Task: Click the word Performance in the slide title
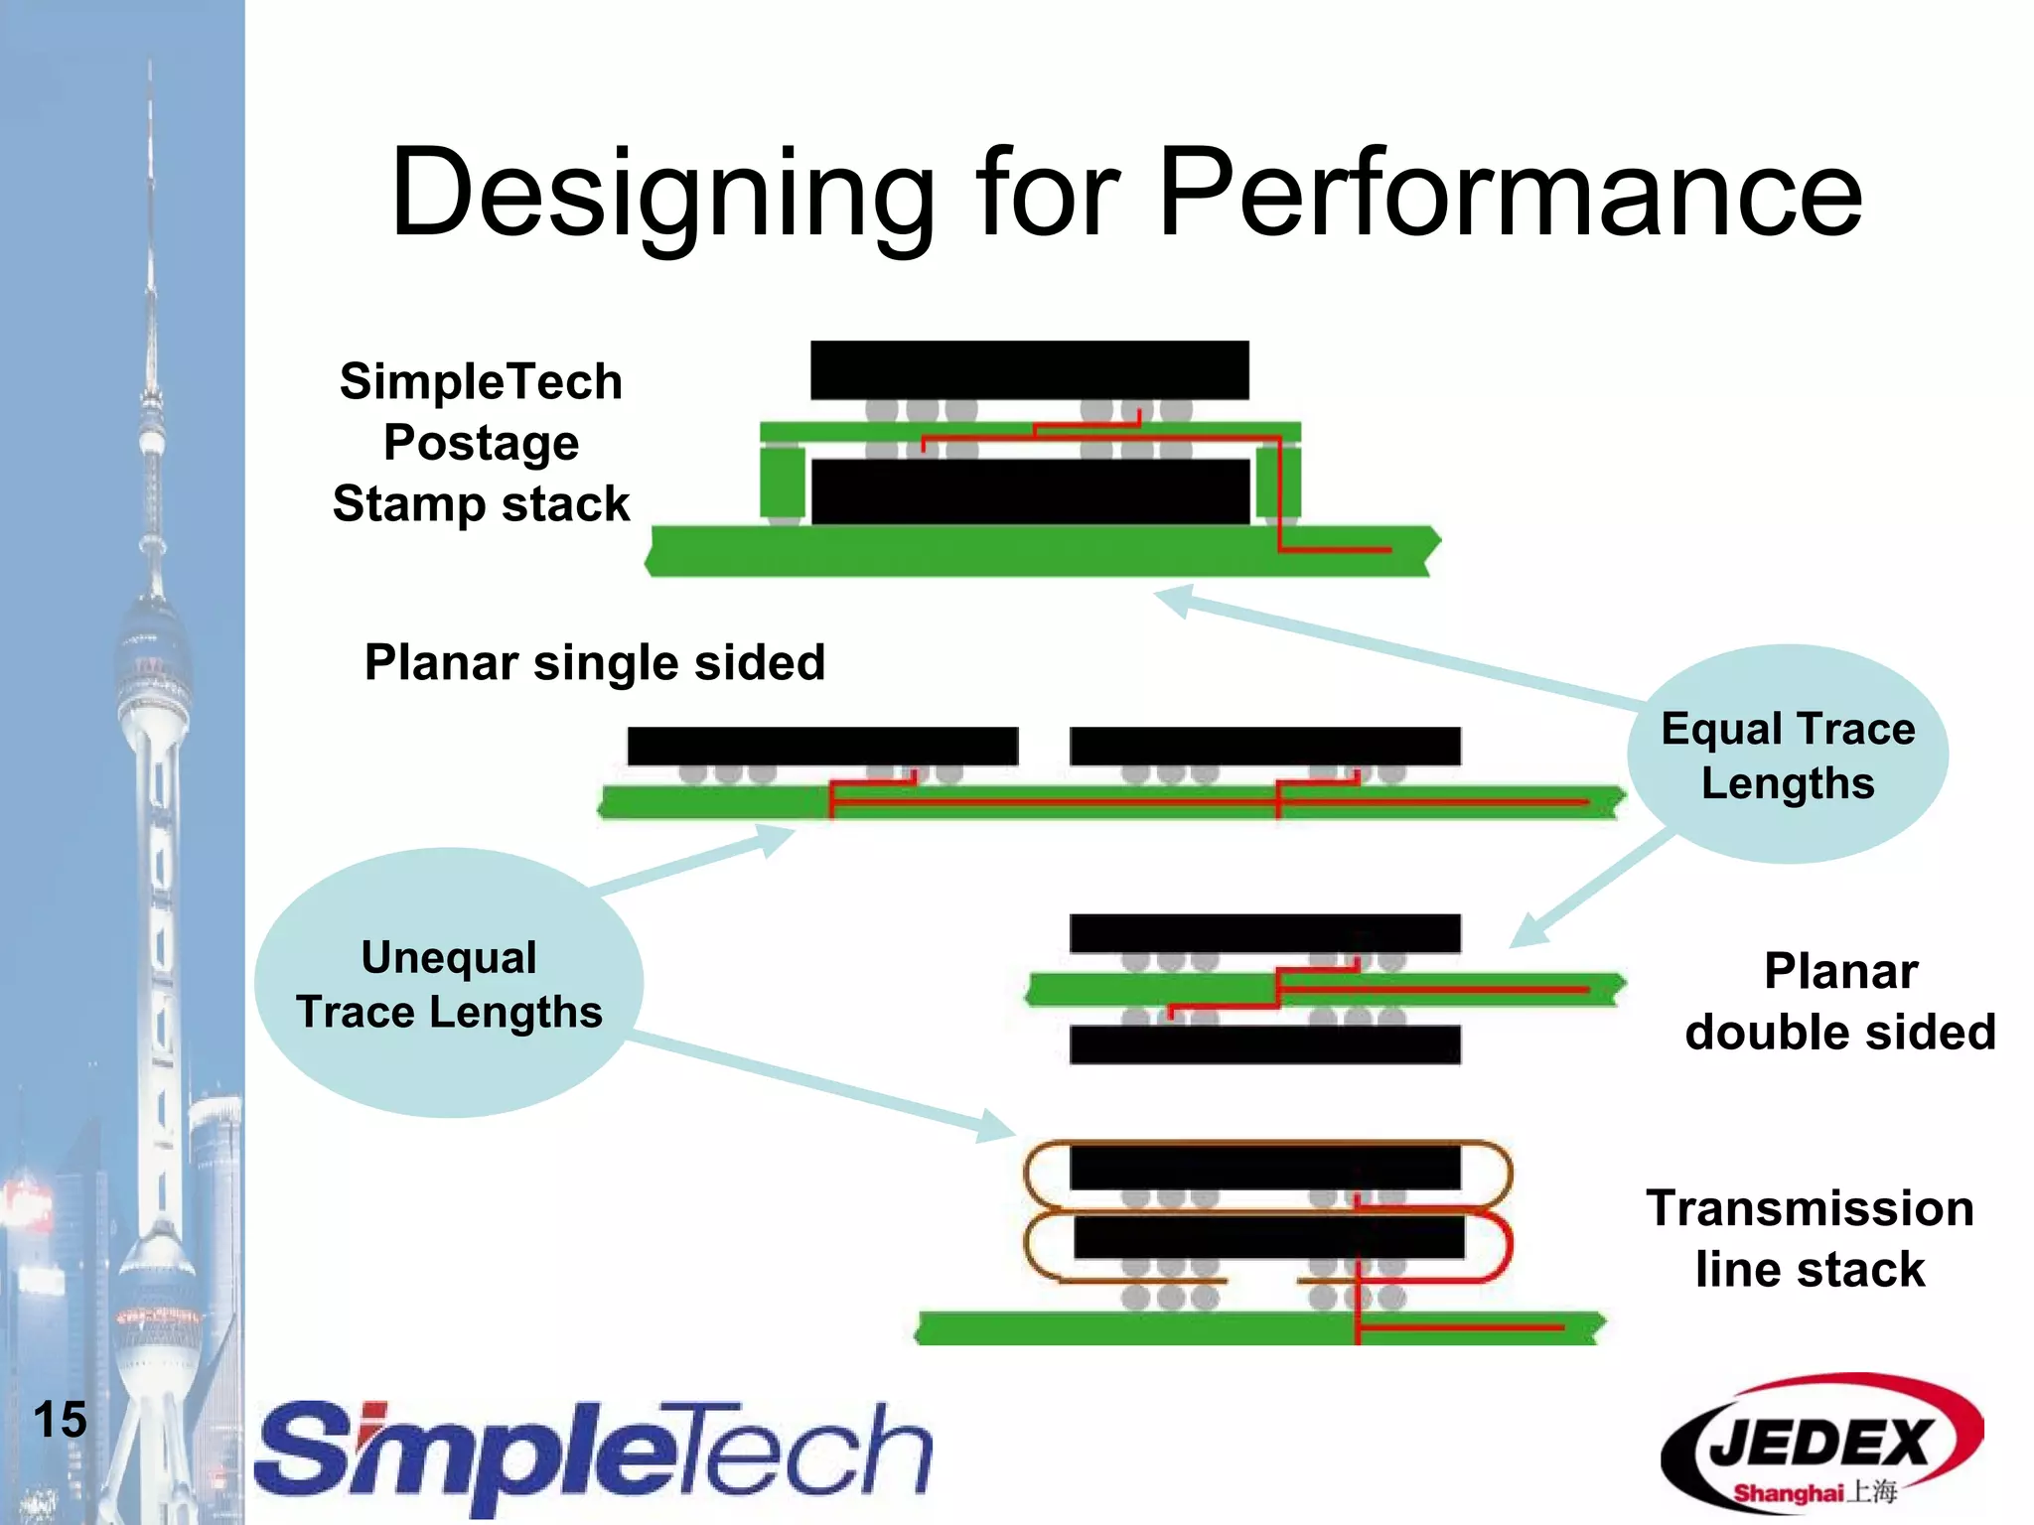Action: tap(1510, 194)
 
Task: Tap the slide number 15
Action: tap(60, 1420)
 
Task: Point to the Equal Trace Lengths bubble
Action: tap(1788, 755)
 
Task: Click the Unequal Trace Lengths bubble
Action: tap(449, 983)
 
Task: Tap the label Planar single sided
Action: tap(594, 662)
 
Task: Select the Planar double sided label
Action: tap(1839, 1002)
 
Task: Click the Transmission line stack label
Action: tap(1810, 1238)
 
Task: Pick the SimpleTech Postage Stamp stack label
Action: tap(481, 442)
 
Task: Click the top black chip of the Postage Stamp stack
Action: tap(1029, 370)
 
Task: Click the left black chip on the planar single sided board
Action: tap(822, 746)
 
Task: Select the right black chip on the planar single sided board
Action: tap(1264, 746)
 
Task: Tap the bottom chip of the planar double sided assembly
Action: tap(1264, 1044)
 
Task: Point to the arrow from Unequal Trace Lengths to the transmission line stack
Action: tap(824, 1087)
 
